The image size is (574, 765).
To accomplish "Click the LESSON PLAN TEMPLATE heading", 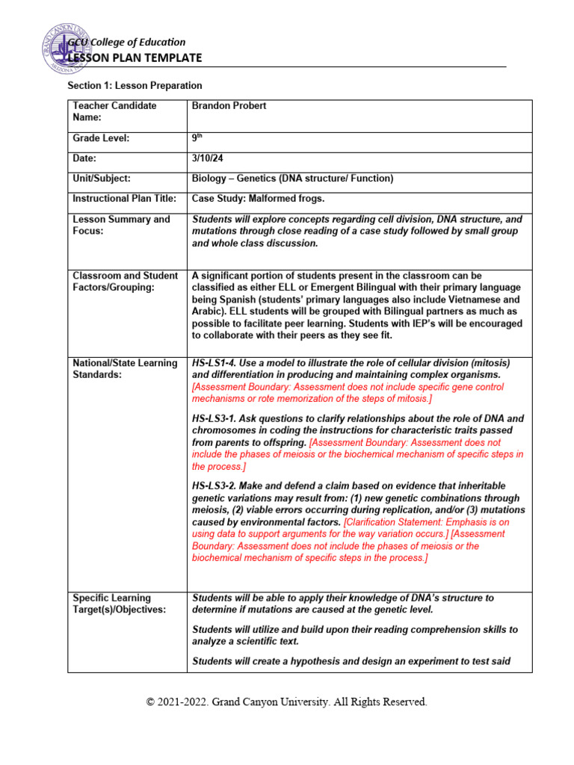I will pos(135,58).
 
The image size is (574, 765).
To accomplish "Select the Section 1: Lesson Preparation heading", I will pos(135,86).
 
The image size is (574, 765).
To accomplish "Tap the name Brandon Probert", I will pos(229,106).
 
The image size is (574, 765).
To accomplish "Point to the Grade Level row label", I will pos(101,138).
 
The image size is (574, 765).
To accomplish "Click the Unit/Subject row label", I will pos(102,179).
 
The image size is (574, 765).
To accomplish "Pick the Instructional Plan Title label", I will pos(124,199).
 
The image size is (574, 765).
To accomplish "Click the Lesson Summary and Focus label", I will pos(121,225).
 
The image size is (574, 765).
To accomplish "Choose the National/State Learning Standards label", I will pos(125,368).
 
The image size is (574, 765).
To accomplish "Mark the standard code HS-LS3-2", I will pos(217,486).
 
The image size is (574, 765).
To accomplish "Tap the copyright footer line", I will pos(287,702).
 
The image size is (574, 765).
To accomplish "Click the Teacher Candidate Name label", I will pos(114,111).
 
